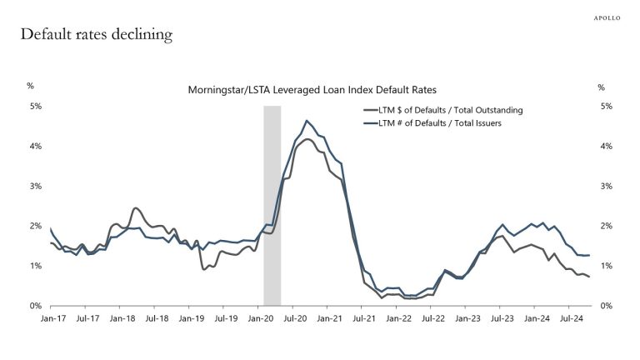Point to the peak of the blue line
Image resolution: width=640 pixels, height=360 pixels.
[x=307, y=121]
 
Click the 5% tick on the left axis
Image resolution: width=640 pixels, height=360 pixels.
[x=36, y=107]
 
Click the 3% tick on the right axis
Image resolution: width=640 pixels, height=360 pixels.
[x=606, y=186]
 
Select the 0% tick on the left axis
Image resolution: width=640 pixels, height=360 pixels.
[x=36, y=306]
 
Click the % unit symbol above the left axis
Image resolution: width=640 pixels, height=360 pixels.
[x=30, y=86]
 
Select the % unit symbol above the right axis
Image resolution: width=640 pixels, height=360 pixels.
[x=602, y=86]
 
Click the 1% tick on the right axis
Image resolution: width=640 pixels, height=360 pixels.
[x=606, y=266]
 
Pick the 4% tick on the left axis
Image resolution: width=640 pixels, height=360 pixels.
[x=36, y=147]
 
